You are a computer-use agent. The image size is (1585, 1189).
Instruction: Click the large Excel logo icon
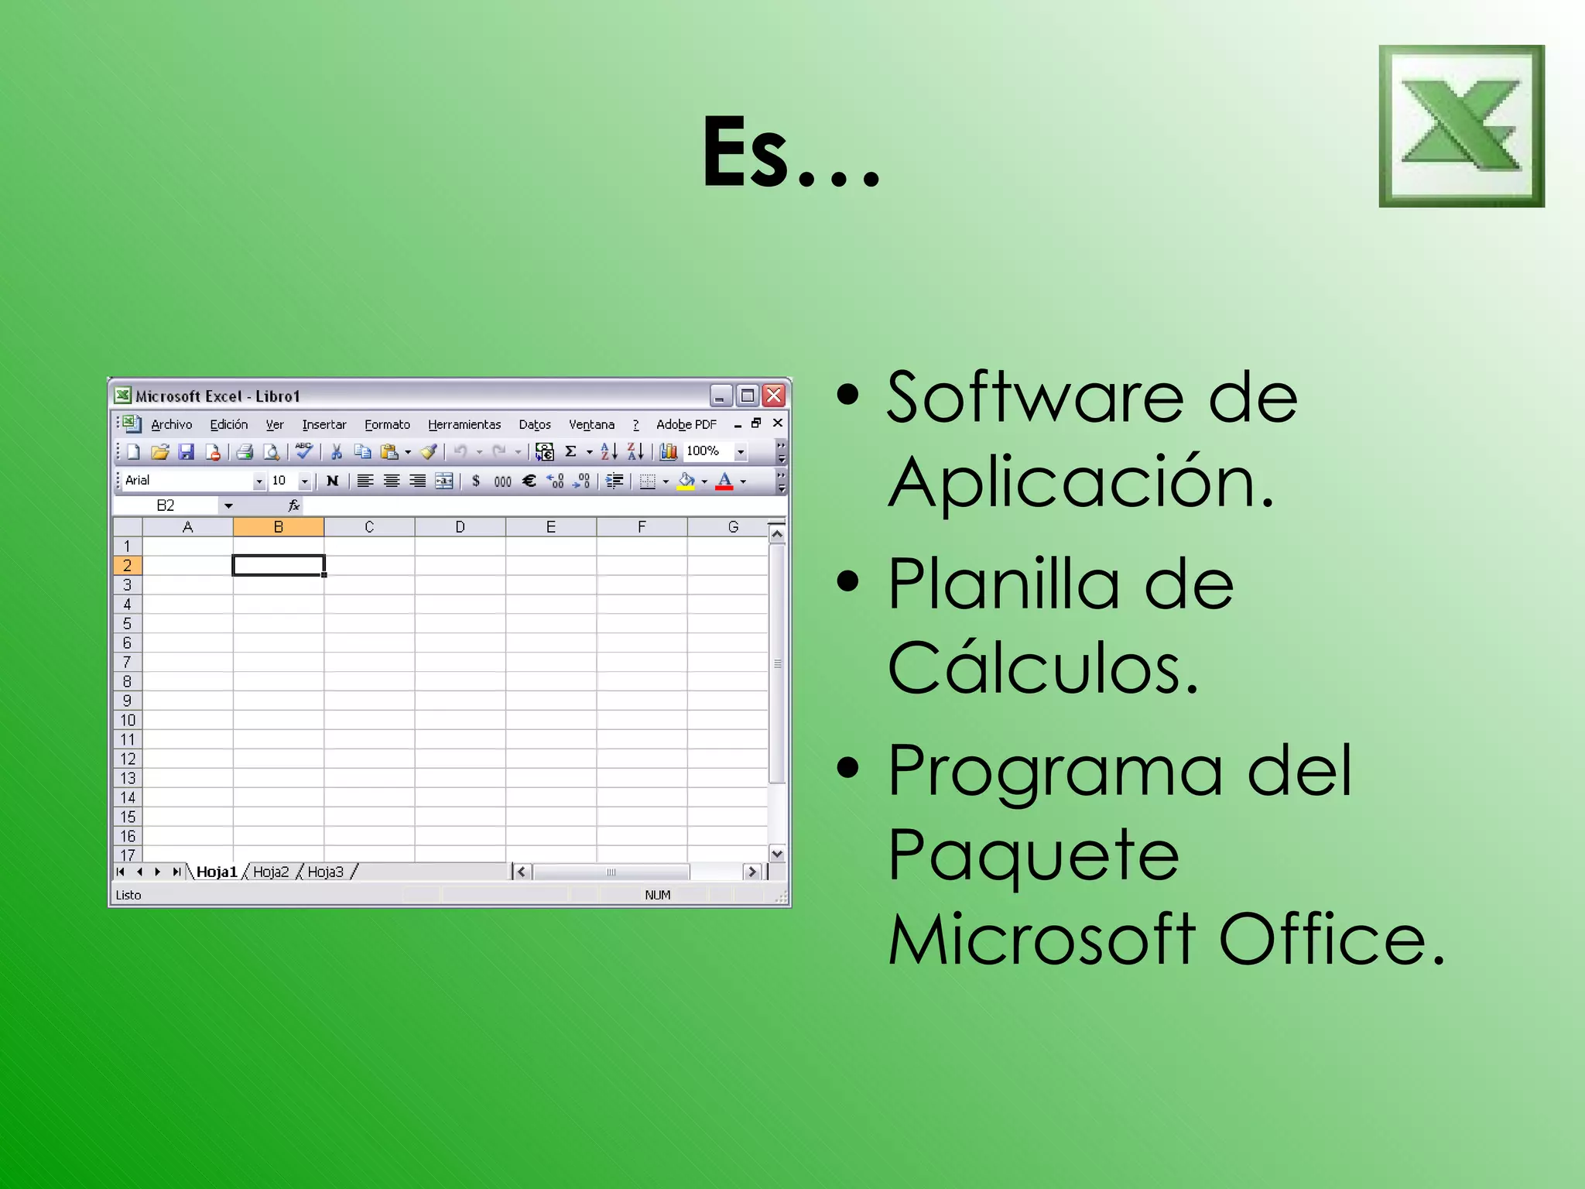click(x=1461, y=126)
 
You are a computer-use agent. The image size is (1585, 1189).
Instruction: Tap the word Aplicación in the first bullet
click(x=1080, y=482)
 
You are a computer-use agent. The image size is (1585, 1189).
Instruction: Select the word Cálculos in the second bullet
click(x=1042, y=668)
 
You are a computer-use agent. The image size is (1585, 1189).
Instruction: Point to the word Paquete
click(x=1033, y=855)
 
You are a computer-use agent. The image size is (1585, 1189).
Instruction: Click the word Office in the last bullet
click(x=1330, y=939)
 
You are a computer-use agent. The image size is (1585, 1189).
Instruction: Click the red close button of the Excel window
click(x=773, y=396)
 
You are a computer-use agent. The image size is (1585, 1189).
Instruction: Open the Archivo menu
click(x=171, y=424)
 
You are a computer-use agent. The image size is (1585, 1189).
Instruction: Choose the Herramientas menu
click(x=464, y=424)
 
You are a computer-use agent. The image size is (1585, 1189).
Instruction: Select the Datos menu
click(x=535, y=424)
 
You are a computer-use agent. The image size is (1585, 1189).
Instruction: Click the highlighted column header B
click(x=279, y=527)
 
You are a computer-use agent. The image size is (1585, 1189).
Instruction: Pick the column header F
click(x=642, y=527)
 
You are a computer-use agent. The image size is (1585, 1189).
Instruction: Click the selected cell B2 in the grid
click(x=279, y=566)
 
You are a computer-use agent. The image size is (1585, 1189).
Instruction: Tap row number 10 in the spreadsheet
click(x=128, y=720)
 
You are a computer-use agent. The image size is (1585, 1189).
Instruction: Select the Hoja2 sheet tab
click(x=271, y=872)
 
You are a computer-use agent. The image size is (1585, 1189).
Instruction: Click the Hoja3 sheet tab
click(x=325, y=872)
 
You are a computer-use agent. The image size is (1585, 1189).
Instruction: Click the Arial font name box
click(x=186, y=481)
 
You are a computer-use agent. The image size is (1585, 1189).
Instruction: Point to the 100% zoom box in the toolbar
click(x=703, y=451)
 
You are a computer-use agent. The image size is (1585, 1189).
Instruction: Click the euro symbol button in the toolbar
click(x=529, y=481)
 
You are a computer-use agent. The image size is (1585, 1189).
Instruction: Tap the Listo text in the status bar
click(x=128, y=895)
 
